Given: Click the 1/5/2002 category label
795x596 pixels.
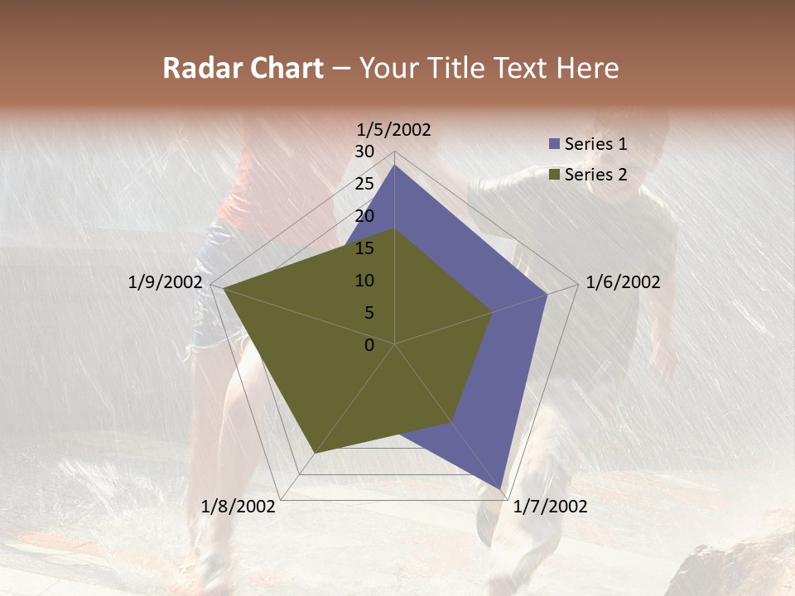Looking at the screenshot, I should [x=394, y=129].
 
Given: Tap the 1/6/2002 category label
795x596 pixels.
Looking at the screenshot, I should [x=623, y=282].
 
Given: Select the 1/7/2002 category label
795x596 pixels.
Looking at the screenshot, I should [x=550, y=507].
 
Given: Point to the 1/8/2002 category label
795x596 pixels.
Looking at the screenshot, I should [x=238, y=507].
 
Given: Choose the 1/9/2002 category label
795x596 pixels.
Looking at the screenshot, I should [x=165, y=282].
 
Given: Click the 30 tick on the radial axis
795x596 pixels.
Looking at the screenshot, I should [x=364, y=151].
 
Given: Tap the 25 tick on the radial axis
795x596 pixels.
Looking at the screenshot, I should [x=364, y=184].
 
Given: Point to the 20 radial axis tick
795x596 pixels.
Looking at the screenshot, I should [x=364, y=216].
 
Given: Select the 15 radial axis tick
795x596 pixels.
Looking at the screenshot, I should [x=364, y=248].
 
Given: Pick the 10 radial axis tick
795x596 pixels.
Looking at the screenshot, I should [x=364, y=281].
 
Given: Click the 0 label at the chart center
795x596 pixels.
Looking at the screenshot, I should [x=369, y=345].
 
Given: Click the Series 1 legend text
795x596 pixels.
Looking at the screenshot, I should [x=595, y=144].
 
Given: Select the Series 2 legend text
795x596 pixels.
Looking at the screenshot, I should [x=595, y=175].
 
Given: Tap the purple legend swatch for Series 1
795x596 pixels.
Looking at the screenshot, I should [x=554, y=144].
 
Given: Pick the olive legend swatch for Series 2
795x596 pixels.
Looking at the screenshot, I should [x=554, y=175].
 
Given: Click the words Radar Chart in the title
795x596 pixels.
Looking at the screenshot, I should [x=243, y=69].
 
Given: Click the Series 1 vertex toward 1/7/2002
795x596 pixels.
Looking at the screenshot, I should [x=501, y=488].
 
